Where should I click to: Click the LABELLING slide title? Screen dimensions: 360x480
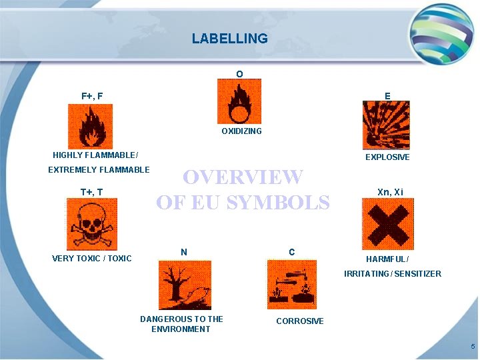click(230, 39)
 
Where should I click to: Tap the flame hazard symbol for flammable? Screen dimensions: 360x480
click(91, 126)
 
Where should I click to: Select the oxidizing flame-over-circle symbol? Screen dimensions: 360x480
click(239, 101)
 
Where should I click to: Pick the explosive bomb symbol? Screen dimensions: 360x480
click(386, 125)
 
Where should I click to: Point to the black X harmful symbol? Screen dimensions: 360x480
click(387, 225)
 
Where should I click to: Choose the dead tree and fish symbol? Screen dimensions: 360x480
click(185, 285)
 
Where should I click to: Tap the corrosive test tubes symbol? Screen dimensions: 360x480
click(292, 285)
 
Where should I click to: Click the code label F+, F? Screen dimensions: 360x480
click(92, 96)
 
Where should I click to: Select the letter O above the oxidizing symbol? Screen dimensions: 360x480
click(239, 73)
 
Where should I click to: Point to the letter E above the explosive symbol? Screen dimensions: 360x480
click(387, 96)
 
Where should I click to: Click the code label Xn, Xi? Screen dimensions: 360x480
click(390, 192)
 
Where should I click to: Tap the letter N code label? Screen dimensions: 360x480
click(184, 251)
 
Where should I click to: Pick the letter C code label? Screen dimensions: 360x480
click(292, 252)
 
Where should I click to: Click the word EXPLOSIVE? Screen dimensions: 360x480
click(387, 157)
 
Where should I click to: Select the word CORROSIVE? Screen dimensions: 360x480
click(300, 321)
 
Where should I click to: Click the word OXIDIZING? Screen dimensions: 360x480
click(241, 131)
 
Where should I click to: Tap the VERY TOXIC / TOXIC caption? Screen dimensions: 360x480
click(92, 259)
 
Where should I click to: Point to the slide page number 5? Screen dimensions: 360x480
click(472, 347)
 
